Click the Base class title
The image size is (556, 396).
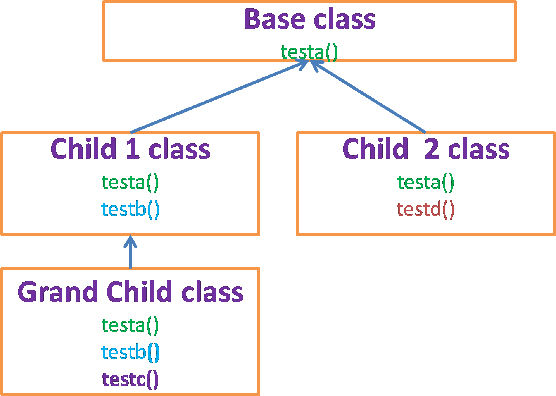pyautogui.click(x=309, y=19)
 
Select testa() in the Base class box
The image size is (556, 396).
pyautogui.click(x=309, y=52)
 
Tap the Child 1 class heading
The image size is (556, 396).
pyautogui.click(x=131, y=148)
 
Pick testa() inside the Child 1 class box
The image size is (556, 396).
pyautogui.click(x=130, y=183)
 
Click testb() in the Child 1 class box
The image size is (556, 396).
pyautogui.click(x=130, y=209)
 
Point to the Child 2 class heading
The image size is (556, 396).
pyautogui.click(x=426, y=148)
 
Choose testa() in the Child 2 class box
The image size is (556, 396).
pyautogui.click(x=425, y=183)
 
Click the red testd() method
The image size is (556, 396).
pyautogui.click(x=425, y=209)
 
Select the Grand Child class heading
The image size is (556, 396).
pyautogui.click(x=131, y=292)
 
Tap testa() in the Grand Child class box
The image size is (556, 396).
pyautogui.click(x=130, y=325)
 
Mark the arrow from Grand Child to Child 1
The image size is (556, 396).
pyautogui.click(x=130, y=251)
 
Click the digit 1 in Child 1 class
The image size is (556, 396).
pyautogui.click(x=133, y=148)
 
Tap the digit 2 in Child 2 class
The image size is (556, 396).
pyautogui.click(x=432, y=148)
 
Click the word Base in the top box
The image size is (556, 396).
pyautogui.click(x=275, y=19)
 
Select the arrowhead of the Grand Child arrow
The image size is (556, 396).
pyautogui.click(x=130, y=241)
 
